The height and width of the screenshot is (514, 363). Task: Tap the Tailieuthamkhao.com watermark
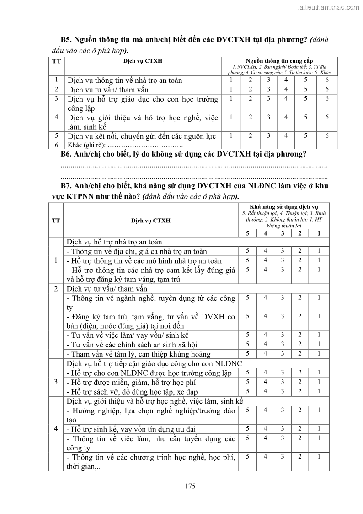click(x=328, y=7)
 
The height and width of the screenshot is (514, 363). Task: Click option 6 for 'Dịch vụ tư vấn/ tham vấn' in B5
click(x=327, y=89)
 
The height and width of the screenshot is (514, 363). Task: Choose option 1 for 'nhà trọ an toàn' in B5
click(x=231, y=80)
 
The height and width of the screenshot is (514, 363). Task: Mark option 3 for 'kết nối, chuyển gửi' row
click(x=268, y=135)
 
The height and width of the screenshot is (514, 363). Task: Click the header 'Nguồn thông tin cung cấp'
click(x=279, y=61)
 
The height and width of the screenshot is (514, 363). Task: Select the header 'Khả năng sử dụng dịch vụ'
click(x=283, y=207)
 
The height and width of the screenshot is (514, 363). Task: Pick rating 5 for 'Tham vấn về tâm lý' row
click(x=247, y=353)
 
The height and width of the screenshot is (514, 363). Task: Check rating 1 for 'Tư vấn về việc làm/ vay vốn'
click(x=319, y=335)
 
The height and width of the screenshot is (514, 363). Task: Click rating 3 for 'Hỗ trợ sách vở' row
click(x=283, y=391)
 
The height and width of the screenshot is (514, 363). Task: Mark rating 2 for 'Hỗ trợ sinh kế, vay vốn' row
click(x=300, y=429)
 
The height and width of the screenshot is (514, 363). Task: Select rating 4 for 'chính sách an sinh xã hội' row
click(x=265, y=344)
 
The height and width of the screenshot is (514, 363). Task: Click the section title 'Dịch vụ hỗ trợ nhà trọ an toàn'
click(x=114, y=242)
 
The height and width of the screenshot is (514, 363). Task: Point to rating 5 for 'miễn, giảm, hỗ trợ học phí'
click(x=247, y=382)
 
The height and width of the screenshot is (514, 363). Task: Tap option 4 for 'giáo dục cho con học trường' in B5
click(x=286, y=98)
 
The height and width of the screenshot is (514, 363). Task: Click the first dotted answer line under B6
click(x=194, y=166)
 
